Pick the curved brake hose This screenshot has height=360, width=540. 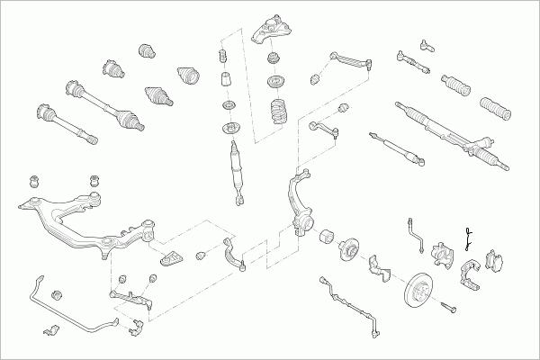pos(416,234)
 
